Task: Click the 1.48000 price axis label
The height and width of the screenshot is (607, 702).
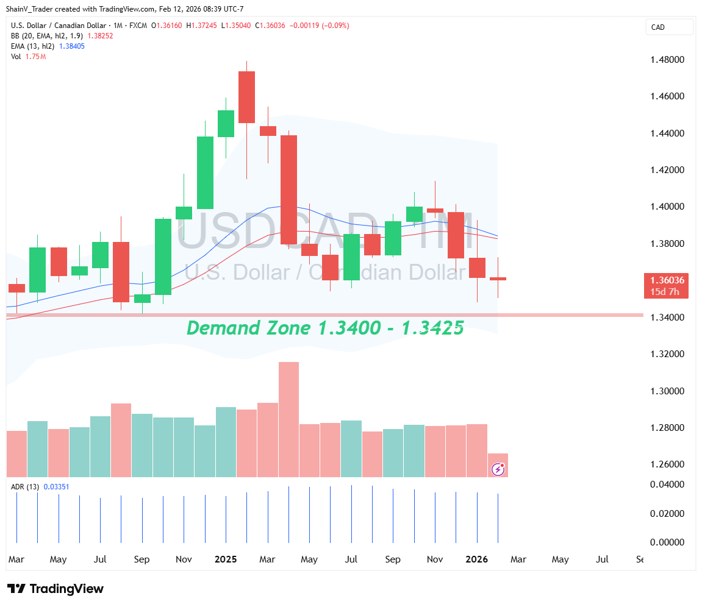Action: coord(667,60)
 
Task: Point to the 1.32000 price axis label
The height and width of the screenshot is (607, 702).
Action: coord(667,354)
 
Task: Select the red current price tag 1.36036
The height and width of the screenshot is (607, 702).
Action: coord(667,280)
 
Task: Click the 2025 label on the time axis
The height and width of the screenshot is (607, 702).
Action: coord(226,559)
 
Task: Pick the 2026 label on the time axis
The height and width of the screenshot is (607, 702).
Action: coord(476,559)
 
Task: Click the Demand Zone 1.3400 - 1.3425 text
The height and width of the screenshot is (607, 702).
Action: coord(325,328)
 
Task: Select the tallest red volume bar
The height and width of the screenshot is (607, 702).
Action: coord(288,419)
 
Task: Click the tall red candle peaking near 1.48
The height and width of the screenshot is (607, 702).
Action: coord(246,97)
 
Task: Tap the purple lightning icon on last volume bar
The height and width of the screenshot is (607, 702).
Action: coord(498,469)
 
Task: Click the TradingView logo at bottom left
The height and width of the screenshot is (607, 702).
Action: coord(56,589)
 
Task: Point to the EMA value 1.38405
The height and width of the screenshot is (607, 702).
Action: coord(71,46)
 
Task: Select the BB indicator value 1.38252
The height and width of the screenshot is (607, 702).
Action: coord(101,36)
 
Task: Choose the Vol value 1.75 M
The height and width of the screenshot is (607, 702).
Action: coord(35,57)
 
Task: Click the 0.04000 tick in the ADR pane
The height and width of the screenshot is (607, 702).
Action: coord(667,485)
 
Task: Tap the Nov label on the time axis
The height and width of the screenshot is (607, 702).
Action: coord(184,559)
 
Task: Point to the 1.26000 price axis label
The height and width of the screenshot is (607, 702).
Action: coord(667,464)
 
